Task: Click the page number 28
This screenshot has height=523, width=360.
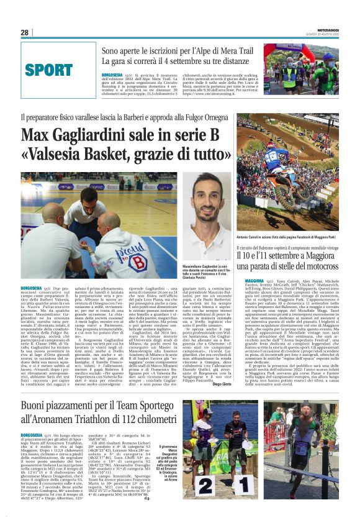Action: [24, 32]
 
